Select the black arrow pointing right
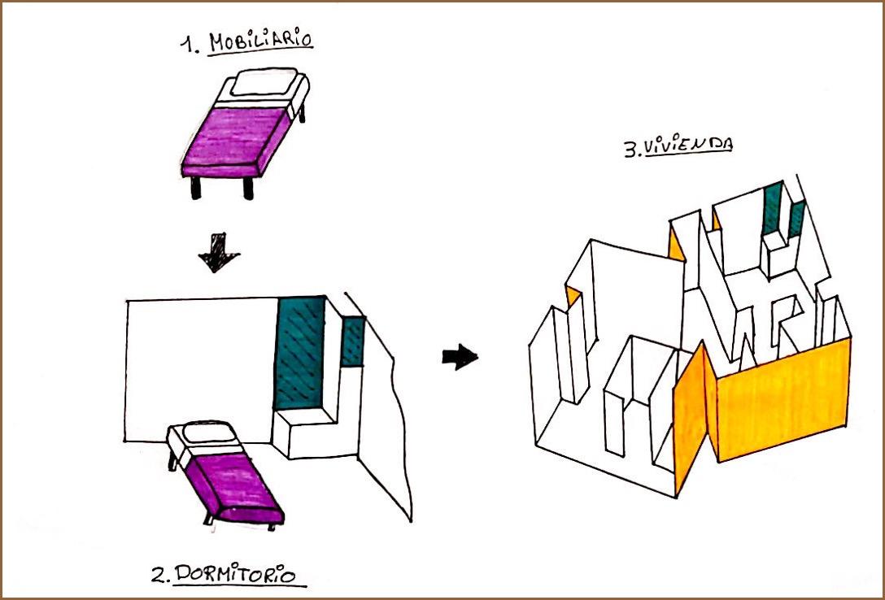460,356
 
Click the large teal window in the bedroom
300,351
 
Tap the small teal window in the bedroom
353,341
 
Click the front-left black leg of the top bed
196,187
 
